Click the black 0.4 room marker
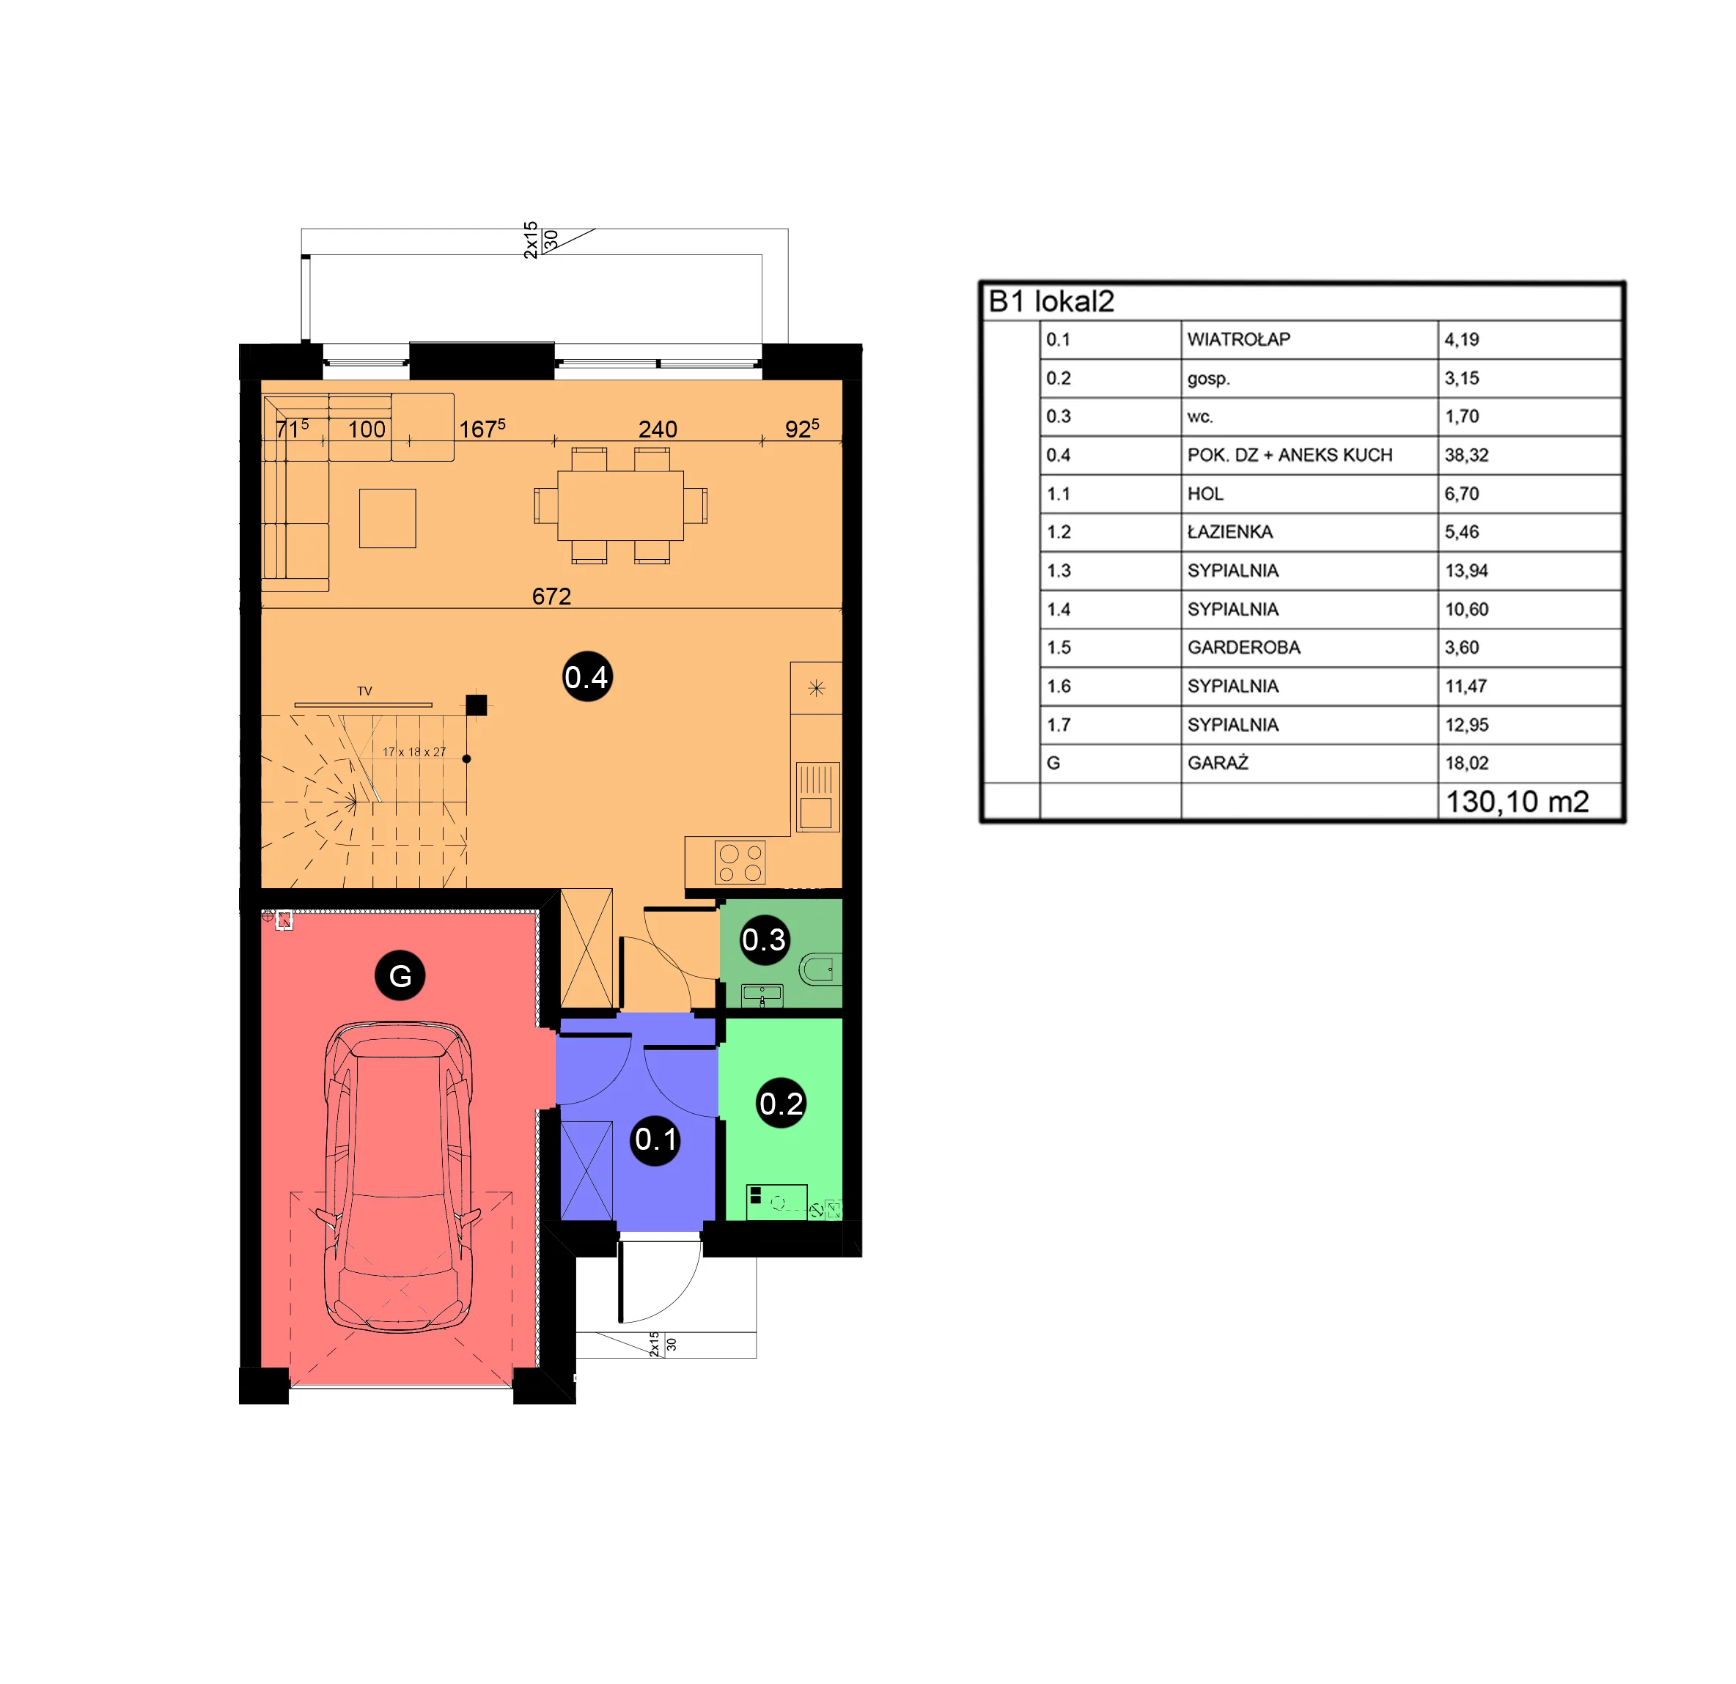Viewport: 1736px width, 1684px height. point(587,677)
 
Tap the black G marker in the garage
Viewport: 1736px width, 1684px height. point(400,975)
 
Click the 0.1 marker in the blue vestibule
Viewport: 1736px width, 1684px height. point(656,1140)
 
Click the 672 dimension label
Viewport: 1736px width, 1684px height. point(552,596)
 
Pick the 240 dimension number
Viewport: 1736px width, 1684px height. point(658,429)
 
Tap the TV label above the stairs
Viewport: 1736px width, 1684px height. point(365,690)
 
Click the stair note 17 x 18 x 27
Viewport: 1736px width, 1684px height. point(414,752)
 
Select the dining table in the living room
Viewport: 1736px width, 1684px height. point(620,506)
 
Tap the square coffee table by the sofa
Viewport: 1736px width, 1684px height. point(387,518)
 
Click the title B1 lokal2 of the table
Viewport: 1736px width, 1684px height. point(1051,302)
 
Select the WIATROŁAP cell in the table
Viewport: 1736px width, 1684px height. point(1238,339)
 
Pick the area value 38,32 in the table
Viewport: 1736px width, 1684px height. point(1467,455)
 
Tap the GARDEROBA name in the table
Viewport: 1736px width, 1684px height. point(1243,647)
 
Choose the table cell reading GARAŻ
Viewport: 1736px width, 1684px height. point(1218,762)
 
